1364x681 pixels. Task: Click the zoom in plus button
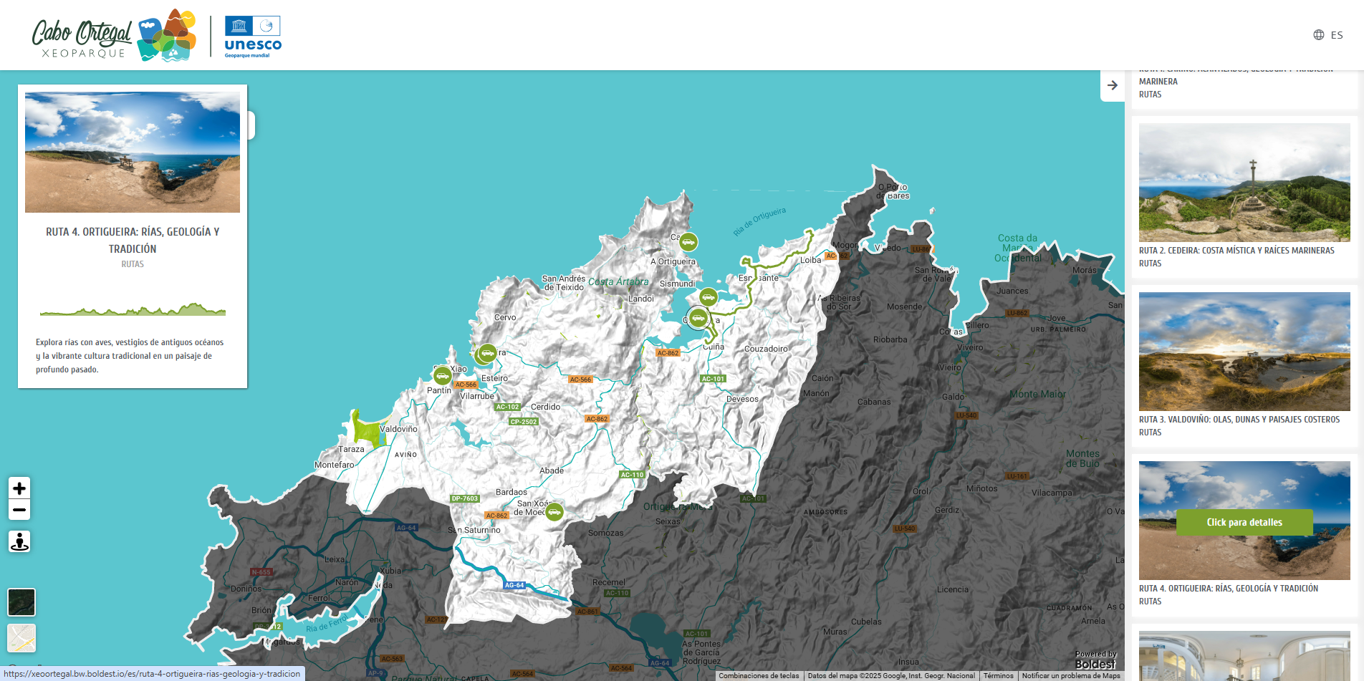[x=19, y=488]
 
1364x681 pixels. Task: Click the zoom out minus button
[x=19, y=510]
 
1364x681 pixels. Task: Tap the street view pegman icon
[x=19, y=541]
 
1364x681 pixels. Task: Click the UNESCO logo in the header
[x=253, y=37]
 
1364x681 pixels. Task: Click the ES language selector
[x=1328, y=35]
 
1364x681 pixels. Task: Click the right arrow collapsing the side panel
[x=1112, y=85]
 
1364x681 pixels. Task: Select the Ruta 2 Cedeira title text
[x=1236, y=251]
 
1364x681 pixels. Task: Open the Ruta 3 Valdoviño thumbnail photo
[x=1244, y=351]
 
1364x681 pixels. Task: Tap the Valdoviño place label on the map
[x=398, y=429]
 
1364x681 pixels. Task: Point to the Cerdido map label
[x=546, y=407]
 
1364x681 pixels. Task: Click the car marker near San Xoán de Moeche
[x=554, y=512]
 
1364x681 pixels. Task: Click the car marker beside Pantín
[x=442, y=375]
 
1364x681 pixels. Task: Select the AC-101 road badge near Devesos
[x=713, y=379]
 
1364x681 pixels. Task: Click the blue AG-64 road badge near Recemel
[x=514, y=585]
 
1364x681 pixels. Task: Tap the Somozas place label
[x=606, y=533]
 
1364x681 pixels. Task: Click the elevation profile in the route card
[x=133, y=309]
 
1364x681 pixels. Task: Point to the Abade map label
[x=552, y=470]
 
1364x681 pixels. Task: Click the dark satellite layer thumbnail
[x=21, y=602]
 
